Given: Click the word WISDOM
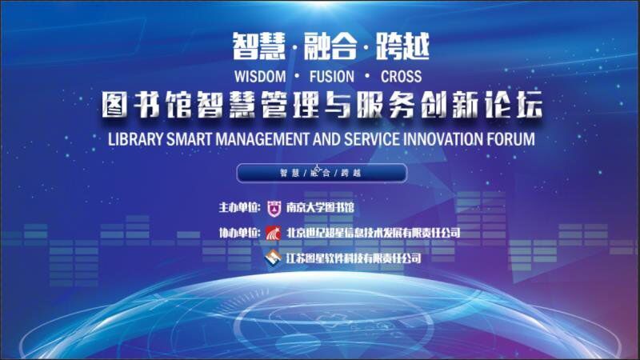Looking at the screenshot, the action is click(260, 76).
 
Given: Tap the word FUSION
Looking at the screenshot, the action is click(332, 76).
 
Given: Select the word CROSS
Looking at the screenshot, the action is click(402, 76).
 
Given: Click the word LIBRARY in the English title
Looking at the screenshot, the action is click(135, 139).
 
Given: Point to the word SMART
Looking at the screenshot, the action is click(190, 139).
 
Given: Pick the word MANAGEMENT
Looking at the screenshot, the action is click(262, 139).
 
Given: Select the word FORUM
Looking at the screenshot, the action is click(510, 139).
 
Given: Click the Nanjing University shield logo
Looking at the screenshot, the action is click(274, 208).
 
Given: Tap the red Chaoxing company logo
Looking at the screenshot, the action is click(273, 233).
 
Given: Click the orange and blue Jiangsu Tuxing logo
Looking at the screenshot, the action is click(273, 258).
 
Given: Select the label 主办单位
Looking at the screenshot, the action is click(238, 207).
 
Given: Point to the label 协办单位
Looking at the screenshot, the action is click(238, 233).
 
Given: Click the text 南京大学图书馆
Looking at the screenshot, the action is click(320, 207).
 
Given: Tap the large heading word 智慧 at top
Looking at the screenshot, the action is click(258, 46).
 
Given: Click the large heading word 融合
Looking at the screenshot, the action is click(330, 46).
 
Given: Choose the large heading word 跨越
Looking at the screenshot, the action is click(402, 46).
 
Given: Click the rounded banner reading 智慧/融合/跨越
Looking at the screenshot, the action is click(322, 173).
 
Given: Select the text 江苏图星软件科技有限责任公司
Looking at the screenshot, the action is click(354, 258).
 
